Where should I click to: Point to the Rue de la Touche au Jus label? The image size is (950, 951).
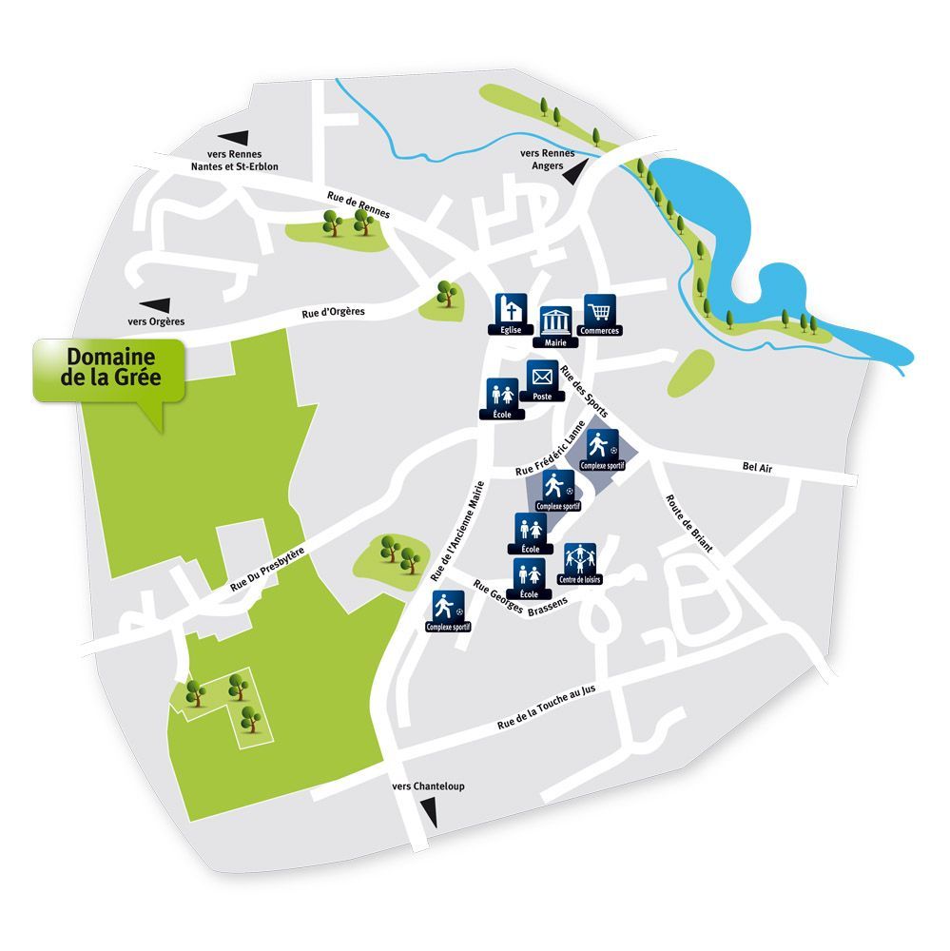click(558, 709)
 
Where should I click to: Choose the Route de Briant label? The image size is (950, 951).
click(688, 522)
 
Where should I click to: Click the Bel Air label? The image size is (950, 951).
click(757, 466)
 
